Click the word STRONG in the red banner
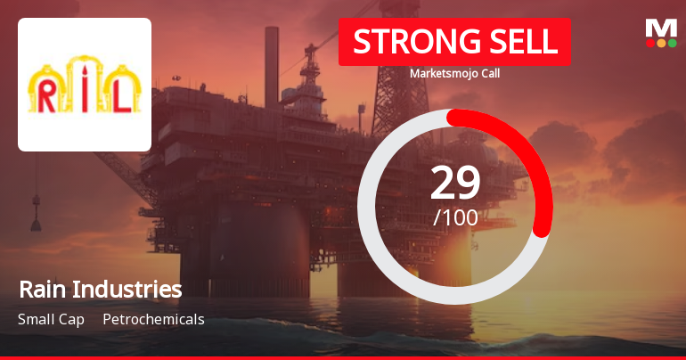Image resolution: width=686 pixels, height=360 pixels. tap(404, 42)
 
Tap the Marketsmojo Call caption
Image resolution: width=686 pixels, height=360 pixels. tap(454, 74)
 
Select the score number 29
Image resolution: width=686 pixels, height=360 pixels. tap(455, 183)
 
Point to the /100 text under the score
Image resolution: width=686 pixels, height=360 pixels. tap(455, 217)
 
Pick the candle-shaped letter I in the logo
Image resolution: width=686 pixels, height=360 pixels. tap(85, 89)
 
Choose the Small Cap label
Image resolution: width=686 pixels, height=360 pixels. tap(51, 319)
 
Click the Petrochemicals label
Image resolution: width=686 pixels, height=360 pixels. tap(153, 319)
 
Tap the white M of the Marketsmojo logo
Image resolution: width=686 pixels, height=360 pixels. tap(661, 28)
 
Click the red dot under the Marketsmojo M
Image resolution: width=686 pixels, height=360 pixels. tap(650, 43)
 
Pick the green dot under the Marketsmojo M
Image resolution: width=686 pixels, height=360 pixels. tap(672, 43)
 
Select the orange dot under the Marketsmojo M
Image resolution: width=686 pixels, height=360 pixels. tap(661, 43)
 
